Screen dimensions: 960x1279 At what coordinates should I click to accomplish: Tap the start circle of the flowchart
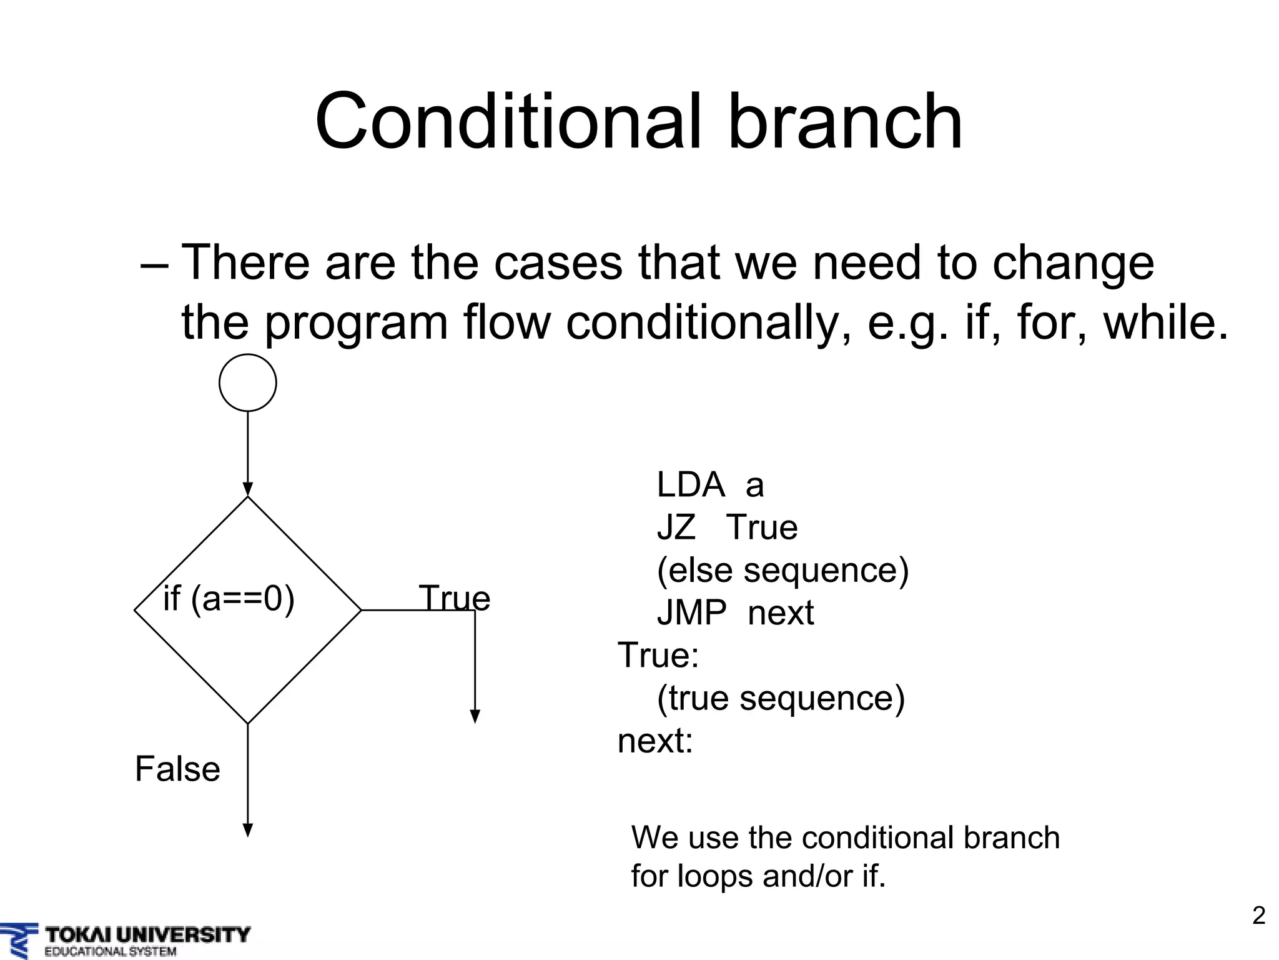pos(247,383)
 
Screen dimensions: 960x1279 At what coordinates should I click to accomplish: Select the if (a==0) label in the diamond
pos(229,599)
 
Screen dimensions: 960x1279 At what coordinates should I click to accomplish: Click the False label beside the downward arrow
pos(177,769)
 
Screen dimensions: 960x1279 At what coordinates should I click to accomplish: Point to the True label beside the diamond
pos(454,598)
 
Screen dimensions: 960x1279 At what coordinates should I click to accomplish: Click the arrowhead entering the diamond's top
pos(247,489)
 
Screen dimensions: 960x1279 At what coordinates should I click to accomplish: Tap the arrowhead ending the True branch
pos(475,716)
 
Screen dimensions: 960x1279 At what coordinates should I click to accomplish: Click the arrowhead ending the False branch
pos(247,830)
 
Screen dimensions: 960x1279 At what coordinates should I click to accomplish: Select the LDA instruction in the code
pos(690,485)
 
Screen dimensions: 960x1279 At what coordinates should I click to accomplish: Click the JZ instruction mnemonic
pos(676,527)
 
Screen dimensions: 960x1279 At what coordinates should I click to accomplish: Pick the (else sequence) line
pos(783,570)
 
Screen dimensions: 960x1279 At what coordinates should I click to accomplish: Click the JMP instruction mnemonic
pos(691,612)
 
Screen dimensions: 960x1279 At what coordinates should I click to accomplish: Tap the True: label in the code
pos(658,656)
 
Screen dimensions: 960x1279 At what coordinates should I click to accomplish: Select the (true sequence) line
pos(781,698)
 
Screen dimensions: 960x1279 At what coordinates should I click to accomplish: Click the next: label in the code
pos(655,741)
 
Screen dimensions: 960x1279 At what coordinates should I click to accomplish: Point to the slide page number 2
pos(1258,916)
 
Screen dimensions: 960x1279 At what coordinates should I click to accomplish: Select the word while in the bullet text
pos(1165,323)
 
